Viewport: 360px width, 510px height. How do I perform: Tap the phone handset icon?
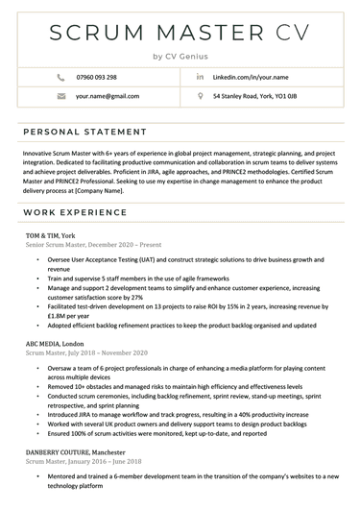point(61,77)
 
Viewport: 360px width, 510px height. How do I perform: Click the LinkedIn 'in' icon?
point(200,76)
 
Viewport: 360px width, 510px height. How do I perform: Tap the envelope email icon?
point(61,97)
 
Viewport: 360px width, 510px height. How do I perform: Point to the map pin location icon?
point(200,97)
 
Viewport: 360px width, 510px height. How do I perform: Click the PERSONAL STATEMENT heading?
point(80,131)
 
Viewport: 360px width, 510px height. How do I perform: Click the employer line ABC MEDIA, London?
point(55,343)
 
